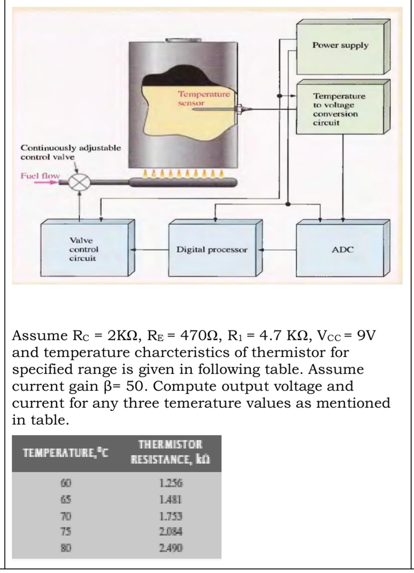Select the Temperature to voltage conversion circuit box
(x=340, y=109)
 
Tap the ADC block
(x=342, y=250)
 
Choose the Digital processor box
(x=212, y=250)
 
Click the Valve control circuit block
(x=84, y=250)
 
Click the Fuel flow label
(x=40, y=175)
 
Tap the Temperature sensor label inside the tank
(x=204, y=98)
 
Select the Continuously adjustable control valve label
(x=70, y=152)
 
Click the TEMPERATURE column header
(x=67, y=454)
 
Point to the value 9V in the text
(x=364, y=335)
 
